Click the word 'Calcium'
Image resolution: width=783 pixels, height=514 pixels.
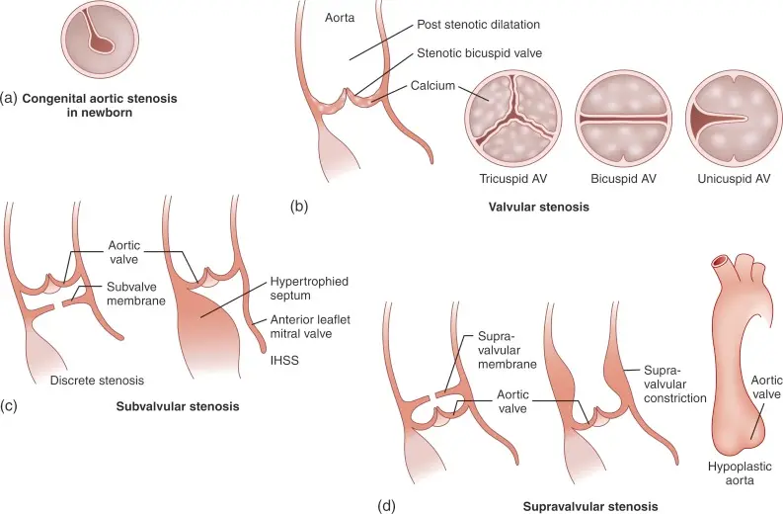coord(433,86)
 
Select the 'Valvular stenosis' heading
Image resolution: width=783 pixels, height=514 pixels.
coord(538,208)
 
